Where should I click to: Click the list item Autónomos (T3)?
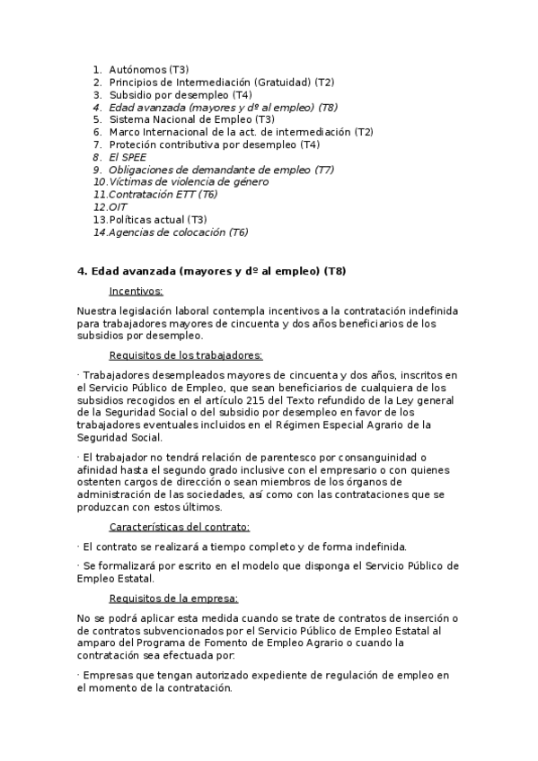[148, 69]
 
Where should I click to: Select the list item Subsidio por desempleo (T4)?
[180, 94]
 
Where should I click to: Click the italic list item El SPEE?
[127, 157]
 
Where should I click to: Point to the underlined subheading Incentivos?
[136, 291]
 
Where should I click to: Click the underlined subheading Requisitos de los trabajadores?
[185, 355]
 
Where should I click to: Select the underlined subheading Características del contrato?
[179, 527]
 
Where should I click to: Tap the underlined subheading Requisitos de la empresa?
[173, 598]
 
